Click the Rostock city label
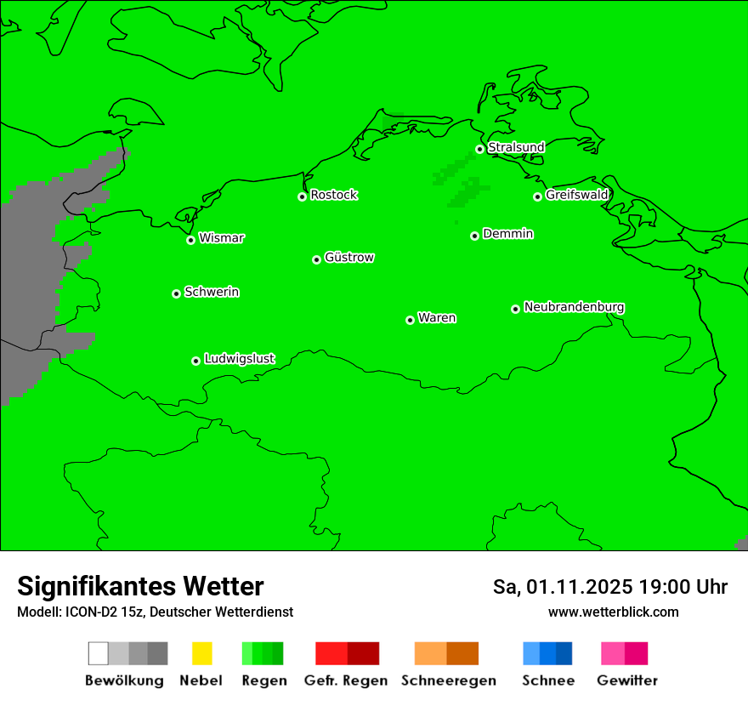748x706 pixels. [x=333, y=195]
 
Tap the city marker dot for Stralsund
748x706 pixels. [x=479, y=149]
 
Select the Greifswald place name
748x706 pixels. [x=576, y=195]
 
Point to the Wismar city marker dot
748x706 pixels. [x=190, y=240]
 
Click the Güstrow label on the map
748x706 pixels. [x=349, y=258]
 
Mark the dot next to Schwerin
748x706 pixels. [x=176, y=293]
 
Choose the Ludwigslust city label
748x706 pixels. [x=239, y=359]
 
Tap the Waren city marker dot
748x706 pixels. [x=410, y=320]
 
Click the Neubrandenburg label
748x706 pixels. [x=574, y=307]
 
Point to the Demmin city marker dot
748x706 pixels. [x=474, y=236]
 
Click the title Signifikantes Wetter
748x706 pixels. [x=140, y=587]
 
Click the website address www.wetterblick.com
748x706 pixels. [x=613, y=612]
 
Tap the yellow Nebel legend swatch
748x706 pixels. [x=201, y=653]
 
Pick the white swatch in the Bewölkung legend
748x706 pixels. [x=98, y=653]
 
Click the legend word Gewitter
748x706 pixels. [x=626, y=680]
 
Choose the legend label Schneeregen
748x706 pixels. [x=448, y=680]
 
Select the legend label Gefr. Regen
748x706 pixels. [x=345, y=680]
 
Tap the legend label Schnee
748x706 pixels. [x=547, y=680]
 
